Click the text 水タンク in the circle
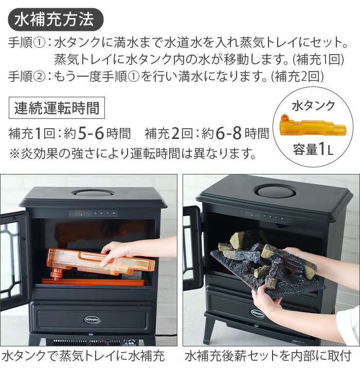click(x=313, y=107)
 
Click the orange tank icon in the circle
click(x=313, y=127)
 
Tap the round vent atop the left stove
click(x=93, y=193)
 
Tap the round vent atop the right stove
click(x=276, y=191)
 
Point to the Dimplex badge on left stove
click(x=93, y=318)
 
